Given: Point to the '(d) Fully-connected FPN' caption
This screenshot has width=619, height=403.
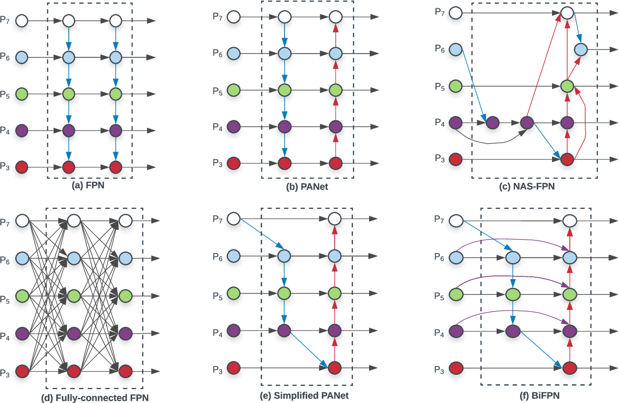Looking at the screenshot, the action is [94, 397].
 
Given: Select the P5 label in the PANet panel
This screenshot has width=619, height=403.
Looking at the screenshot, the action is [218, 92].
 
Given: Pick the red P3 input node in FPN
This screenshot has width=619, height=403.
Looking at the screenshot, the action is [22, 166].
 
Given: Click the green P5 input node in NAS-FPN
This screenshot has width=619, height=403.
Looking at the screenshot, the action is [456, 86].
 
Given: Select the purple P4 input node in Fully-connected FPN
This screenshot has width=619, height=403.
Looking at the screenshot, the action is [22, 332].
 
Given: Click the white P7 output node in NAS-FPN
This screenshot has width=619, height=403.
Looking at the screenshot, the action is [567, 12].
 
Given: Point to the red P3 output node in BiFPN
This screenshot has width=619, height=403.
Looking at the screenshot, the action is [570, 368].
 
